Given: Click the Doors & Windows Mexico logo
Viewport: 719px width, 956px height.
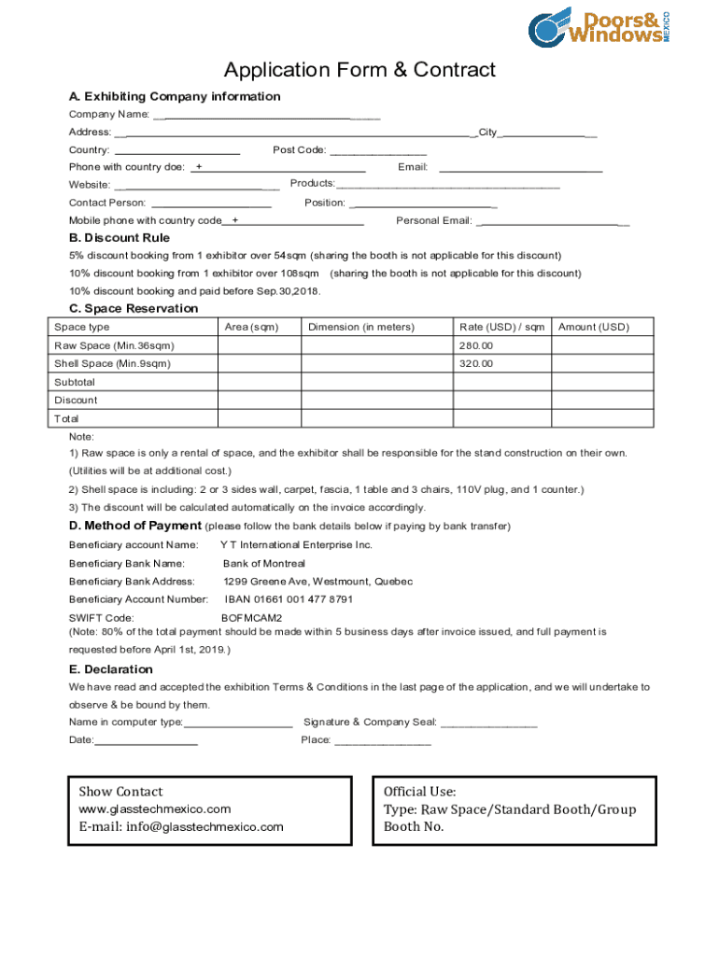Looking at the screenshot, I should coord(599,27).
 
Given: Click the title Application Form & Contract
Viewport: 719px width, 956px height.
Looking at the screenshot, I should coord(359,70).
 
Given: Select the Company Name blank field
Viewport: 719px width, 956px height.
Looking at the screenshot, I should coord(266,116).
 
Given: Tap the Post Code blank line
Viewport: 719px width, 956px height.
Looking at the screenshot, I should coord(377,151).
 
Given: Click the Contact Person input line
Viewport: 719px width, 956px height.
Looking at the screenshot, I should coord(211,204).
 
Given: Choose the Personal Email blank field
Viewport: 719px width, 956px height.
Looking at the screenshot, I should coord(552,222).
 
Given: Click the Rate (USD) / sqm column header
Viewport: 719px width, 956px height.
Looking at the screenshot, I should coord(501,327).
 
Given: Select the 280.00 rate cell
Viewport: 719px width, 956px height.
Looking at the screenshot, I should coord(501,345).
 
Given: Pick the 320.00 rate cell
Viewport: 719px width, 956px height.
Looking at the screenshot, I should coord(501,363).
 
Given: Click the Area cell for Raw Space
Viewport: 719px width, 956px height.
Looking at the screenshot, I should coord(259,345).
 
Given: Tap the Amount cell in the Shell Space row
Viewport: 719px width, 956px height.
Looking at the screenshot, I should coord(602,363).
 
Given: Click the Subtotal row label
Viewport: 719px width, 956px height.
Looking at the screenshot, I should coord(75,382).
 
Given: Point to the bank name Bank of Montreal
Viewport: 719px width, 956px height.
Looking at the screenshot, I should coord(263,564).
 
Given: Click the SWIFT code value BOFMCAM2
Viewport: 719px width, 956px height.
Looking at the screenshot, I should coord(251,618).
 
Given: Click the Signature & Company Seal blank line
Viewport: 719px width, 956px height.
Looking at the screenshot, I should coord(488,724).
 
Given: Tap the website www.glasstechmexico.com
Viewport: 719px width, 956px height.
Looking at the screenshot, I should coord(154,809).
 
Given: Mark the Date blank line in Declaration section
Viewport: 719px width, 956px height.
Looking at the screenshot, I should coord(146,741).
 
